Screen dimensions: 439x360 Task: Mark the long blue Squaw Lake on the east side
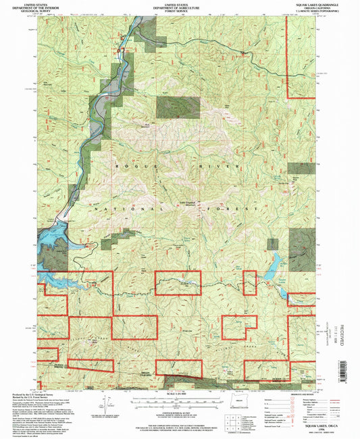pyautogui.click(x=275, y=265)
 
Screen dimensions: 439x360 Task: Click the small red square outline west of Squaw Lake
pyautogui.click(x=250, y=283)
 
